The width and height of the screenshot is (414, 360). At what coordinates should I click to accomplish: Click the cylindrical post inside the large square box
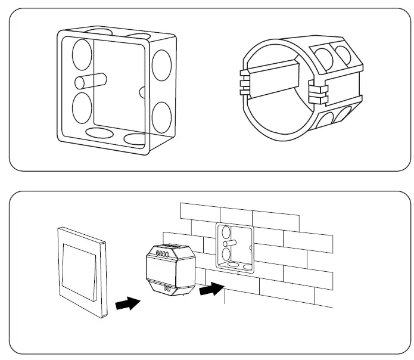(91, 80)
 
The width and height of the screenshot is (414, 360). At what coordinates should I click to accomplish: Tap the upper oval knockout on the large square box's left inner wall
(81, 54)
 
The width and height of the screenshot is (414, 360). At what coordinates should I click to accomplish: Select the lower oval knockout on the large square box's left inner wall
(81, 108)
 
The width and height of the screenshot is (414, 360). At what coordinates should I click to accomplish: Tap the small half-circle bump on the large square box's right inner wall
(142, 92)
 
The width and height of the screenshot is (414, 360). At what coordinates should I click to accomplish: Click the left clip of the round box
(242, 82)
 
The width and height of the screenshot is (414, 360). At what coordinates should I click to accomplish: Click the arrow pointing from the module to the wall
(211, 291)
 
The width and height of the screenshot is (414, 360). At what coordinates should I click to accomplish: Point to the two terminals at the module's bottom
(168, 289)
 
